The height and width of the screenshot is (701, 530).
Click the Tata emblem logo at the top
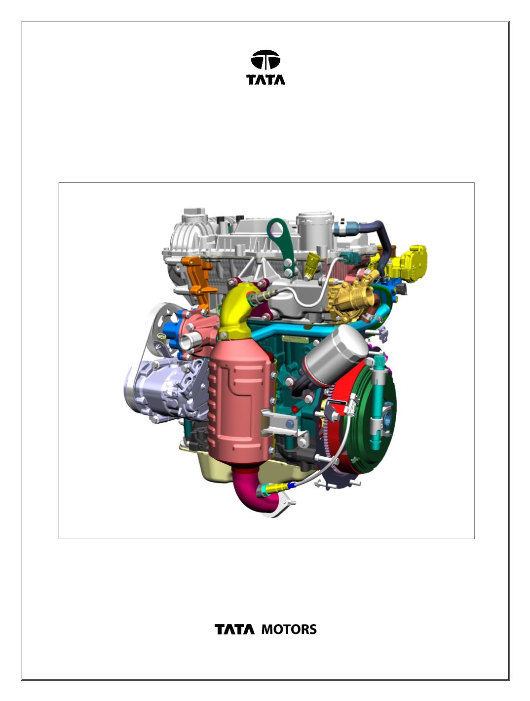pyautogui.click(x=265, y=59)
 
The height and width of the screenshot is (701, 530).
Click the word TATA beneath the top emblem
pyautogui.click(x=265, y=79)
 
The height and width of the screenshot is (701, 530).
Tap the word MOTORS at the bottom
pyautogui.click(x=289, y=629)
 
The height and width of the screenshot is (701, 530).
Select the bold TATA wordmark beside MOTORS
pyautogui.click(x=234, y=629)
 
